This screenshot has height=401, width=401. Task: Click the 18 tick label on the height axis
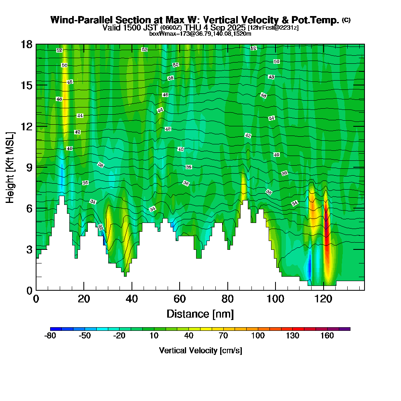[x=26, y=44]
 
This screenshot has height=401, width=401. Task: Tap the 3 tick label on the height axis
[x=29, y=249]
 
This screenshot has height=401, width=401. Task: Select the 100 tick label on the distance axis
[x=275, y=299]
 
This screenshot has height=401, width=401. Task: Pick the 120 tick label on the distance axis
[x=324, y=299]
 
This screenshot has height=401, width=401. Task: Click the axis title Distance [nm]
[x=200, y=314]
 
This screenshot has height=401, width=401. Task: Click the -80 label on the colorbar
[x=50, y=336]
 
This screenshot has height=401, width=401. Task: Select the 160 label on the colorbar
[x=327, y=336]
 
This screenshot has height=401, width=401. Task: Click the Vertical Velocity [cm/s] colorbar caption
[x=200, y=350]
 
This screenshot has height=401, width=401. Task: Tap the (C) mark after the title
[x=346, y=20]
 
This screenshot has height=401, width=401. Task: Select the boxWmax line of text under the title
[x=200, y=34]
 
